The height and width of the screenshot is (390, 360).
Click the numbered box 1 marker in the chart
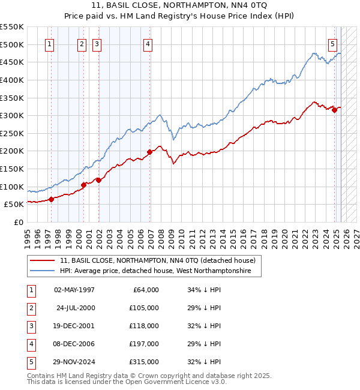49,43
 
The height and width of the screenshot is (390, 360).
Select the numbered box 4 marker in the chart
147,43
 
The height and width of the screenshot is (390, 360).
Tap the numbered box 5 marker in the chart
333,43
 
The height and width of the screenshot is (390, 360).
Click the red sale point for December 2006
149,152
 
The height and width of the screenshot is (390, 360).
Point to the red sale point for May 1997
51,199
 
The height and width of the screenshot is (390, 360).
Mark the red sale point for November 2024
334,110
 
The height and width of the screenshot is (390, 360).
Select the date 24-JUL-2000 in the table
75,308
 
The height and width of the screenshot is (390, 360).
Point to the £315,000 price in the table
143,362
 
